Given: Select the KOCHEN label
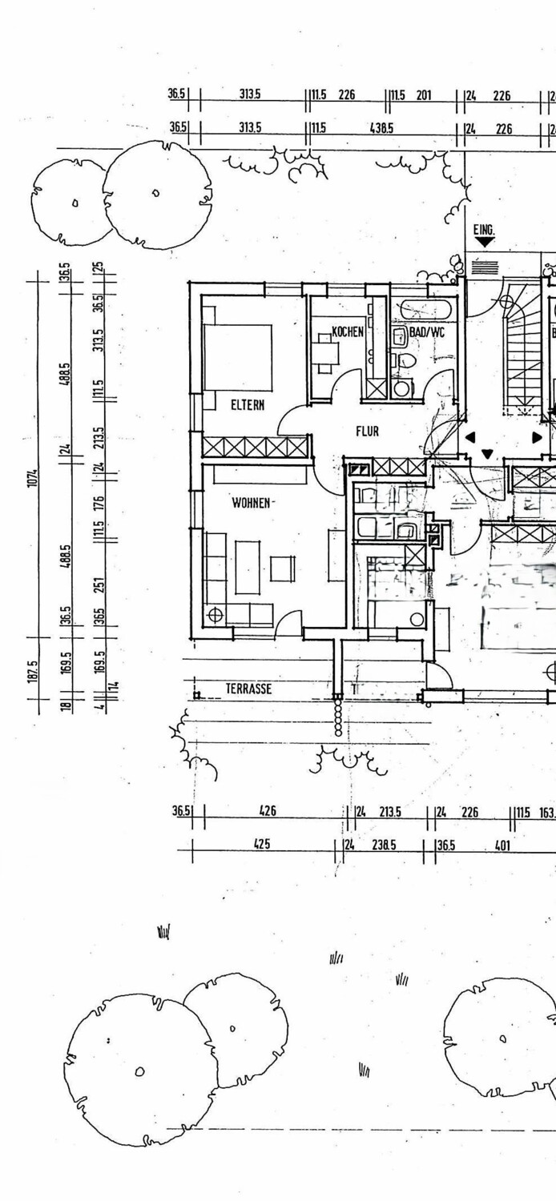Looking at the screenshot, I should pos(349,331).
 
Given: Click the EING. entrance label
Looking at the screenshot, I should pos(484,231).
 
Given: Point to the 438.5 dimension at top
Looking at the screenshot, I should pos(381,127).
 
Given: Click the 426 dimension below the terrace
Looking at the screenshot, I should pos(268,811).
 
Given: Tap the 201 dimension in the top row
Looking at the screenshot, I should pos(424,95).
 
